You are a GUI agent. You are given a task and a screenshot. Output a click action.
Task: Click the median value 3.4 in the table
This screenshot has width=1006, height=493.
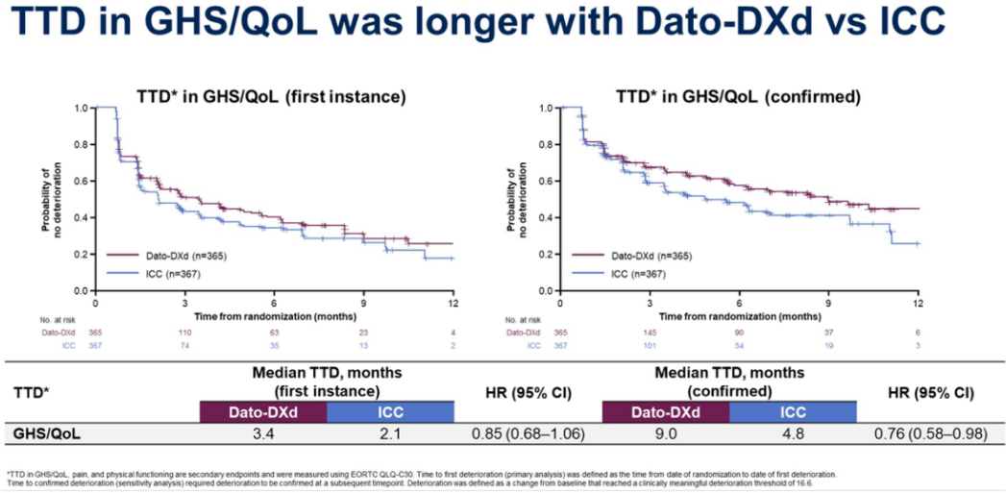tap(263, 433)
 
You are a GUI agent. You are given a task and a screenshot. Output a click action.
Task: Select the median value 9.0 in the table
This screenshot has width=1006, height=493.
tap(665, 433)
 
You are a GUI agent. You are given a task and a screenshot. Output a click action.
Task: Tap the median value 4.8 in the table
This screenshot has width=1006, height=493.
tap(793, 433)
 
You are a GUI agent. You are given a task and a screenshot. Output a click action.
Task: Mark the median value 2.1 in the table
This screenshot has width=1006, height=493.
tap(390, 433)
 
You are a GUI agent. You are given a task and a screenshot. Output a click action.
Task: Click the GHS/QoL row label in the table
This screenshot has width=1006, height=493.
tap(48, 433)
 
